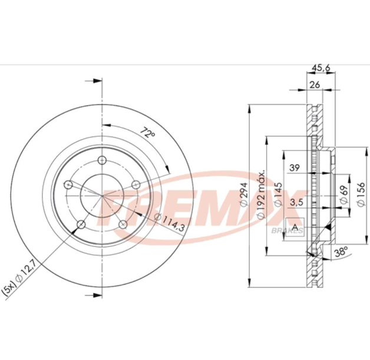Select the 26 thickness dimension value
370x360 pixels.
click(x=315, y=85)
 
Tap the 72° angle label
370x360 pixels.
click(x=147, y=134)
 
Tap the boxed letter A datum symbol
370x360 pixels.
click(x=295, y=227)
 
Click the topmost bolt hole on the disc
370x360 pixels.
click(x=101, y=161)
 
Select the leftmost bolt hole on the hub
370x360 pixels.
click(x=68, y=186)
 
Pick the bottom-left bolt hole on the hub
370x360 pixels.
click(x=81, y=224)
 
